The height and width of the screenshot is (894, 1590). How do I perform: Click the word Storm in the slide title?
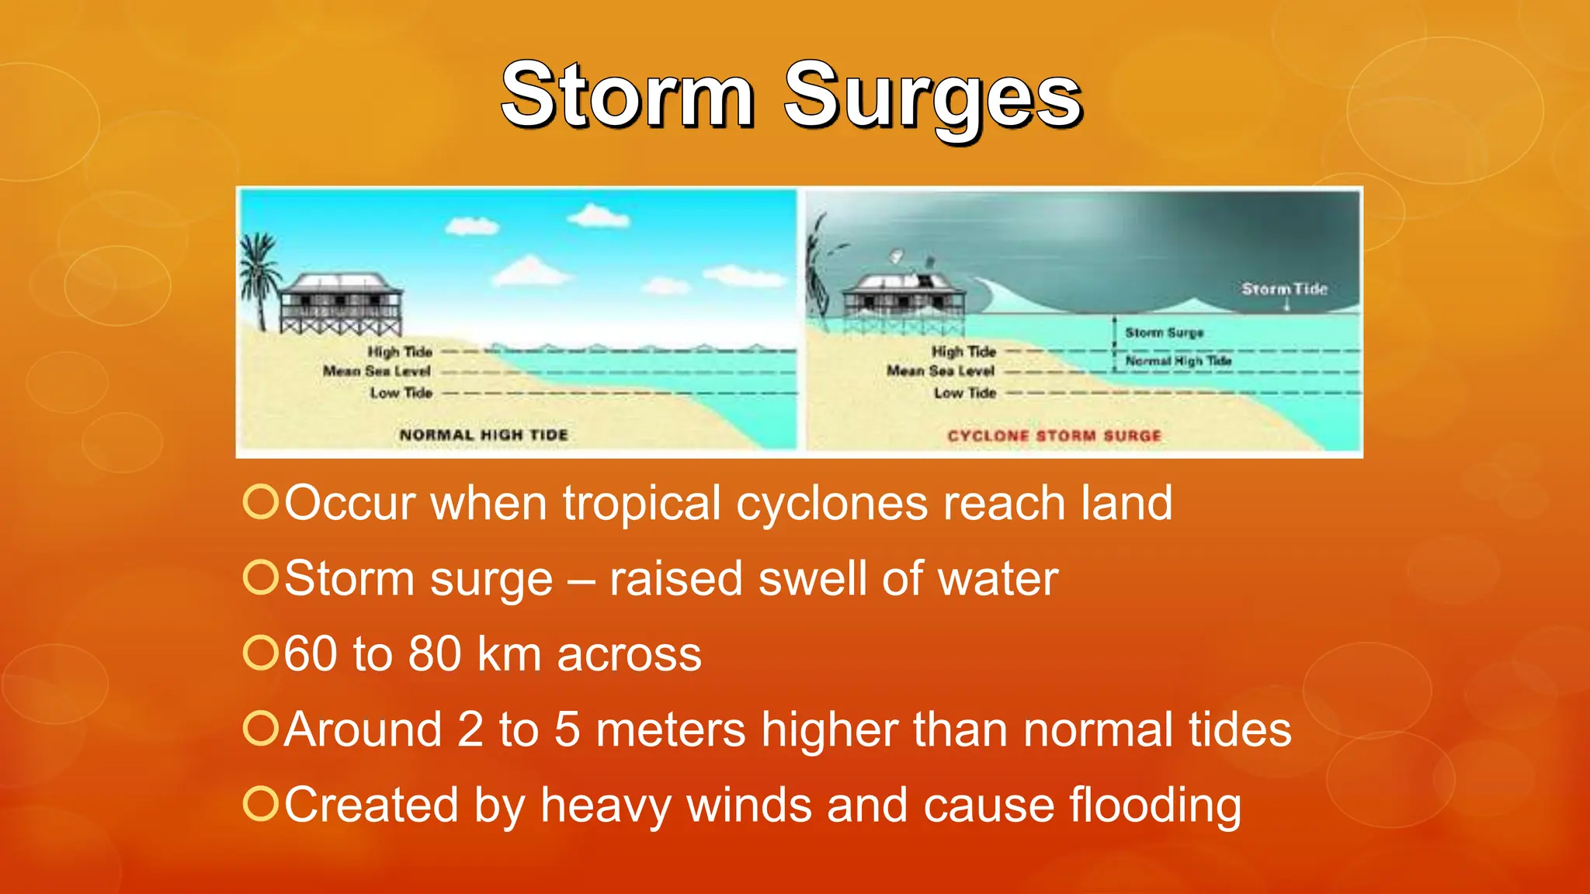tap(627, 96)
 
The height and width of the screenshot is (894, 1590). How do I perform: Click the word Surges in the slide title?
tap(932, 98)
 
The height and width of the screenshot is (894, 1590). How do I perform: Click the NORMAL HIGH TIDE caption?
tap(484, 435)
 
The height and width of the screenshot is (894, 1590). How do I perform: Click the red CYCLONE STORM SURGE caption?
tap(1054, 436)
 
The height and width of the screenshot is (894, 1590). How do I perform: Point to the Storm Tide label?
tap(1284, 289)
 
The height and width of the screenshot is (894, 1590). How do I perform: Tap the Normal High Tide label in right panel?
tap(1178, 361)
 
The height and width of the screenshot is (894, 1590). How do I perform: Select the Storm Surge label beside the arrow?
tap(1164, 333)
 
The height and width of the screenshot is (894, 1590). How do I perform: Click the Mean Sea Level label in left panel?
tap(377, 372)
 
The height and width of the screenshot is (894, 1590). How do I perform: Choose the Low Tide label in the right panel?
tap(964, 393)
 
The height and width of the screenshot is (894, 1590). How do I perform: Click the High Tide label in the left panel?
tap(400, 352)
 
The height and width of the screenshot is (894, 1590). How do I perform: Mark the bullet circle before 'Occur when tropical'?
tap(260, 502)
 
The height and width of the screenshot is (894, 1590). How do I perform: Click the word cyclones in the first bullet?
tap(831, 504)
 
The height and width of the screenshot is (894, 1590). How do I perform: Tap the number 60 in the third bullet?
tap(310, 653)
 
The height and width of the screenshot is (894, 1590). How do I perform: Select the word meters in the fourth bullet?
tap(670, 729)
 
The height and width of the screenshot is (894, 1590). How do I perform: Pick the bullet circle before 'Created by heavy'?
tap(260, 804)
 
